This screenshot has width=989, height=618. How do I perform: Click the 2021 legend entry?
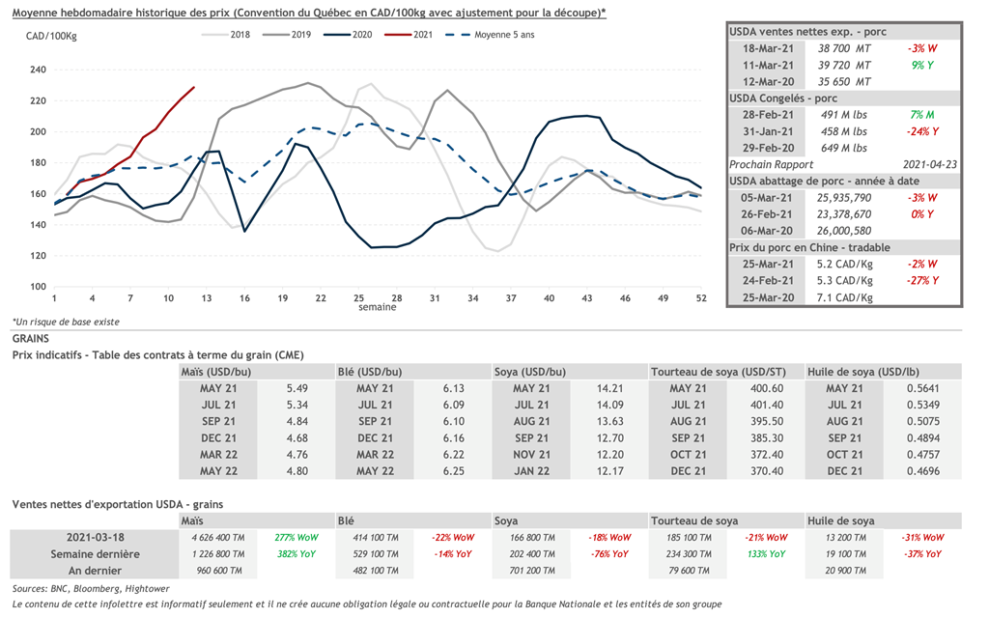(422, 35)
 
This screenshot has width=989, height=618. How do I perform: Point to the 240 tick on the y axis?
(39, 70)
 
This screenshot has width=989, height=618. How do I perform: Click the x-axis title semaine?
(377, 308)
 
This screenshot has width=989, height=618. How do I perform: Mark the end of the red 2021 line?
(194, 88)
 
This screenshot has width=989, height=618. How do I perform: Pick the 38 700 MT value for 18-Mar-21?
(845, 47)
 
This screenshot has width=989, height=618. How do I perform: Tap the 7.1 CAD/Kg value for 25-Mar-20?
(844, 297)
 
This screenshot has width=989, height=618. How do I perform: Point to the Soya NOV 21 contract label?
(531, 454)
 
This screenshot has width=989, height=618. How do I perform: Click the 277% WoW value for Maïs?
(297, 537)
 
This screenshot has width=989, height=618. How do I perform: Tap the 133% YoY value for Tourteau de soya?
(765, 554)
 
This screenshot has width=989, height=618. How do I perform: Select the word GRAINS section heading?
(31, 340)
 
